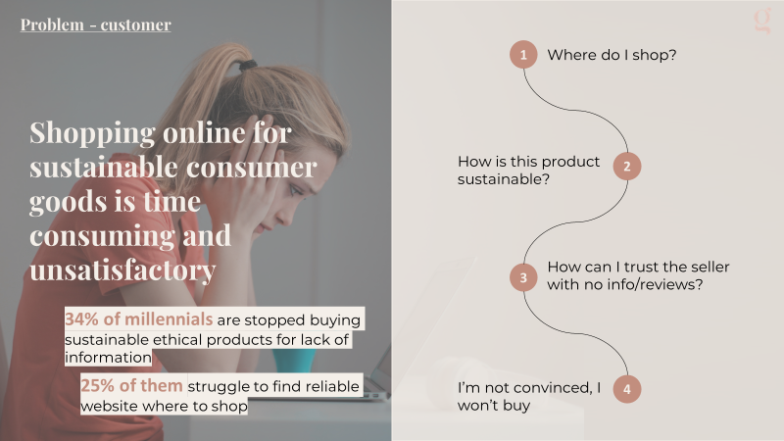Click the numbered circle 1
523,55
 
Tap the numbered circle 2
627,166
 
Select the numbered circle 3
523,277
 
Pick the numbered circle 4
627,389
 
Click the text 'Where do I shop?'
612,55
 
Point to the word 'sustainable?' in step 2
504,179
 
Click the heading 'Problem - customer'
95,24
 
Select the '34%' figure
81,319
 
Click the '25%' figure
97,385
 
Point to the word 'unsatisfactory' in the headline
122,270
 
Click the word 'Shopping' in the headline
92,134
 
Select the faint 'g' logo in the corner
762,21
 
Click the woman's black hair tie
248,65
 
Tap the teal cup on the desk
294,361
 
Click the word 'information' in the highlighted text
108,357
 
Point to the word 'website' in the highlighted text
110,406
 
